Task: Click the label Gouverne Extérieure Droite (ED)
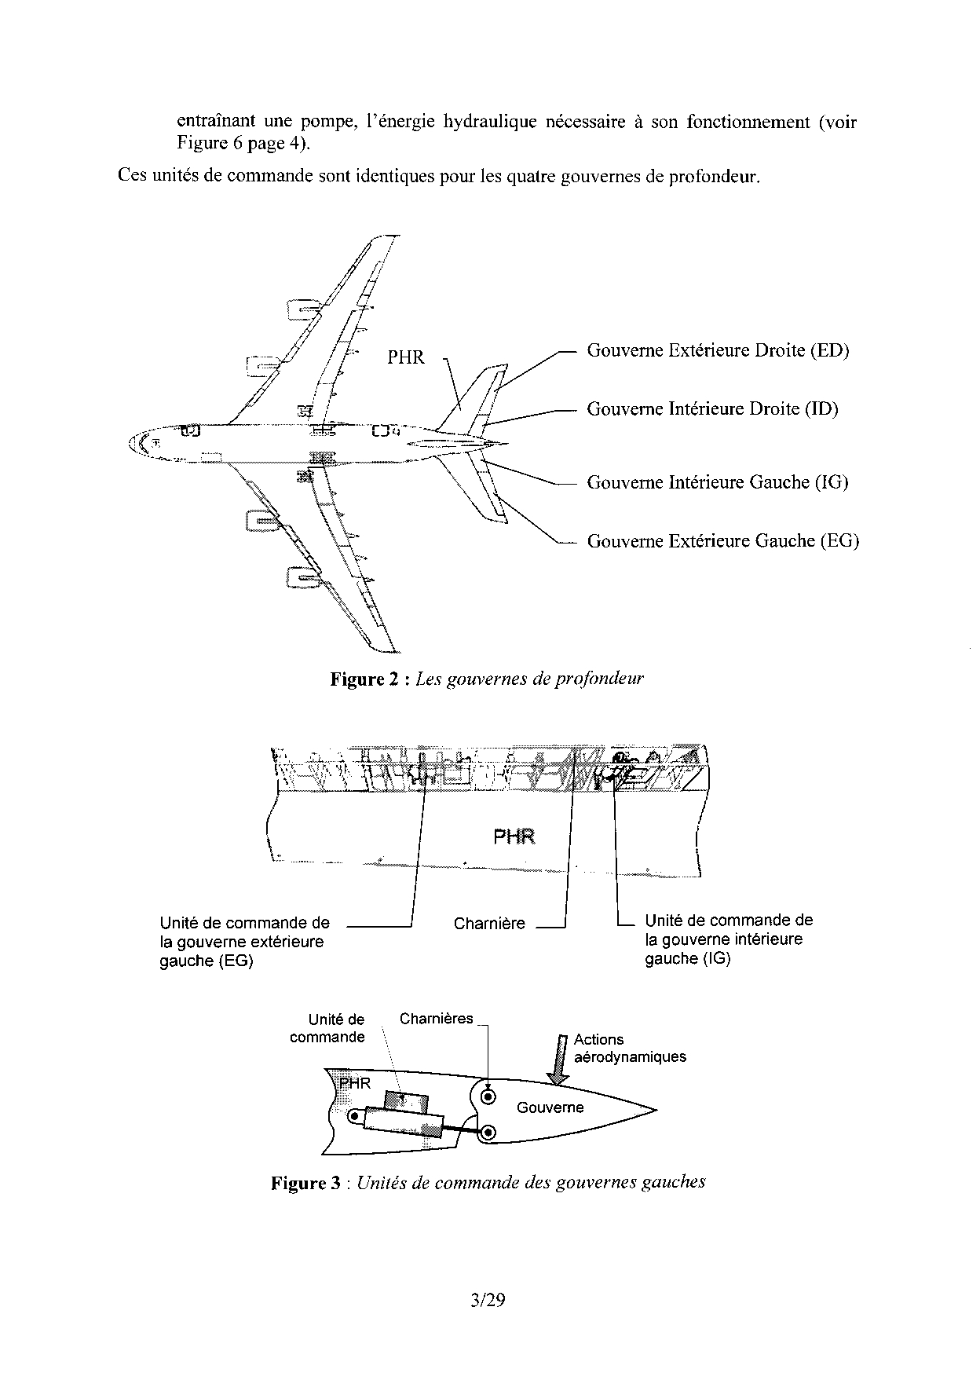[x=718, y=350]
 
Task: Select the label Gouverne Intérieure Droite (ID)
[x=712, y=408]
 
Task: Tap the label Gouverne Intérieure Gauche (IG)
[x=717, y=482]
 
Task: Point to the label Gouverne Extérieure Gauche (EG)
[x=722, y=540]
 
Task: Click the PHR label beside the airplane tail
[x=405, y=357]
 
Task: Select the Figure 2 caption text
[x=486, y=679]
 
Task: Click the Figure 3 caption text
[x=488, y=1182]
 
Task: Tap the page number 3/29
[x=488, y=1300]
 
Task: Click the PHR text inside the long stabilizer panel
[x=514, y=836]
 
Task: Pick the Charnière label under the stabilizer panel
[x=488, y=924]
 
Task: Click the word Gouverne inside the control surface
[x=550, y=1107]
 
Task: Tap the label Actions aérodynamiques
[x=629, y=1048]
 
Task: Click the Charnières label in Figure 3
[x=436, y=1019]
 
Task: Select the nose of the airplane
[x=132, y=445]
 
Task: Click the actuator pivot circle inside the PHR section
[x=354, y=1115]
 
